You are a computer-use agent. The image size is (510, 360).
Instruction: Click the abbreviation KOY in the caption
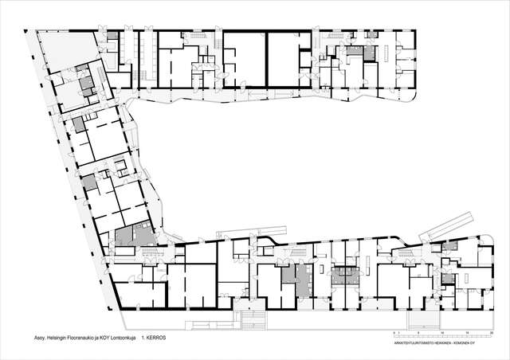tap(104, 338)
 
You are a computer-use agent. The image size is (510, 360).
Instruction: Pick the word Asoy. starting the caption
tap(33, 338)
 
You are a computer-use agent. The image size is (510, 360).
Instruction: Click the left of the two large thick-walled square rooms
tap(243, 57)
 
